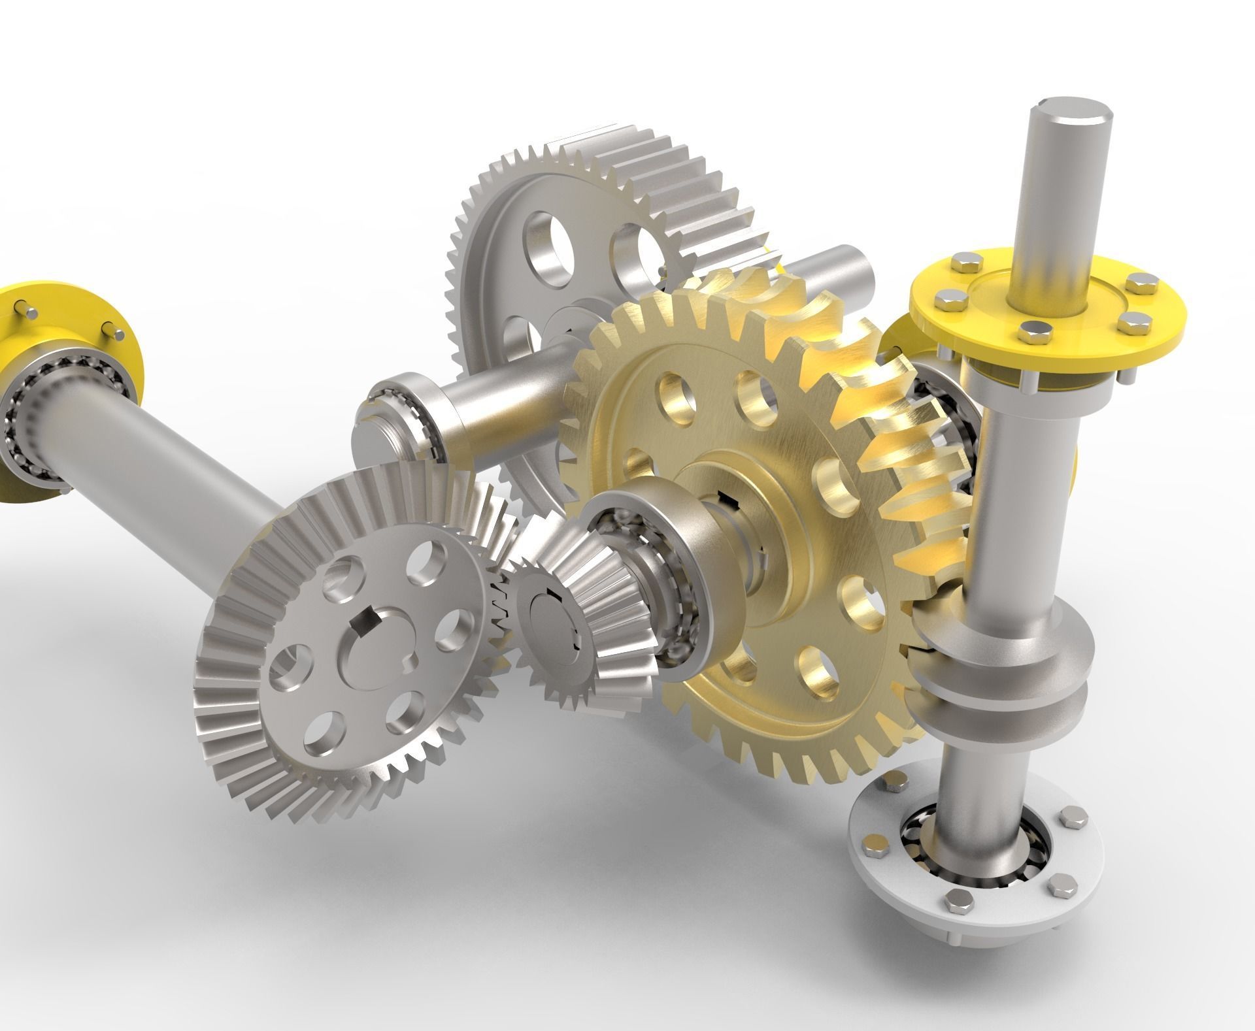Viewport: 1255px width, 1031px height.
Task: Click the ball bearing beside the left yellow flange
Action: (26, 425)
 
